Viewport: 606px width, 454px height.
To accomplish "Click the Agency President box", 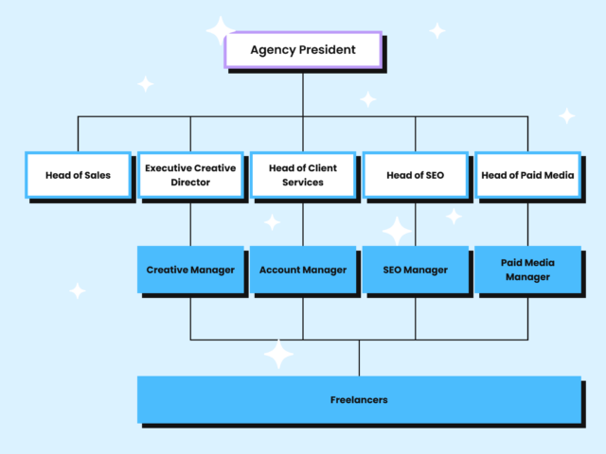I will pyautogui.click(x=303, y=50).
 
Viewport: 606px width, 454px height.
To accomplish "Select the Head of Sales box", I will pyautogui.click(x=78, y=175).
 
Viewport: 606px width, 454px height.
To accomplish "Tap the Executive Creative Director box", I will pyautogui.click(x=190, y=175).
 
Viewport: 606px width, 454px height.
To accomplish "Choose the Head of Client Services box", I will pyautogui.click(x=303, y=175).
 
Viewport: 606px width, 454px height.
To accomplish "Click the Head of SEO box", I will pyautogui.click(x=415, y=175).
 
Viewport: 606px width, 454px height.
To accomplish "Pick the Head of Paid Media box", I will pyautogui.click(x=527, y=175).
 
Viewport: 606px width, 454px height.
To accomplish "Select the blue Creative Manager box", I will pyautogui.click(x=190, y=271).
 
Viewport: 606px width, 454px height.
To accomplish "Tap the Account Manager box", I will pyautogui.click(x=303, y=271).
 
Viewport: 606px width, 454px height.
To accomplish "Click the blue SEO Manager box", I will pyautogui.click(x=415, y=271).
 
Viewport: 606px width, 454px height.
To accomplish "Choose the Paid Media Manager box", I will pyautogui.click(x=527, y=271).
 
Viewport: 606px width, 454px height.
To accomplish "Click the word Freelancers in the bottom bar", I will pyautogui.click(x=359, y=400).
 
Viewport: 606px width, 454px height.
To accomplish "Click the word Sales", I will pyautogui.click(x=95, y=175).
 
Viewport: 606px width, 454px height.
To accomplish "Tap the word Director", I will pyautogui.click(x=190, y=183).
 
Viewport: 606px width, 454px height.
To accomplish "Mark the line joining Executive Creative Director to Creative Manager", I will pyautogui.click(x=190, y=223).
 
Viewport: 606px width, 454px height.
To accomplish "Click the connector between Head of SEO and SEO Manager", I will pyautogui.click(x=416, y=223).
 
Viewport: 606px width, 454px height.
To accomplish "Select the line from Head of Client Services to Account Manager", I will pyautogui.click(x=303, y=223).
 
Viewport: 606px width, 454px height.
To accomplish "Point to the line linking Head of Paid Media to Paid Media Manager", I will pyautogui.click(x=527, y=223).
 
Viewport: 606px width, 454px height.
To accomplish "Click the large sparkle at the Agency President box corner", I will pyautogui.click(x=221, y=31).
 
